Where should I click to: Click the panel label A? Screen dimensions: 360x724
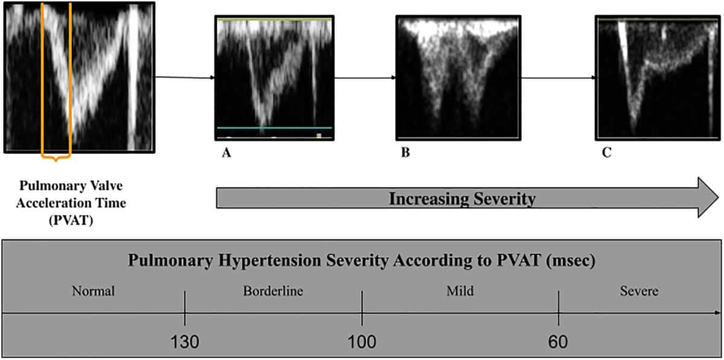click(x=226, y=153)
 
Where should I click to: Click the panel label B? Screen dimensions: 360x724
click(x=405, y=153)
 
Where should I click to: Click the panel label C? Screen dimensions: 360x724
click(x=606, y=153)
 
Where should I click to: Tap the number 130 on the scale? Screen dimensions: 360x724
click(x=185, y=343)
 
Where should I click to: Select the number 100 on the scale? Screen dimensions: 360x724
click(x=362, y=343)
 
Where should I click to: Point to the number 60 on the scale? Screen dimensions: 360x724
click(x=558, y=343)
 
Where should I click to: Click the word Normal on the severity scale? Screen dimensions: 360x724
click(x=93, y=291)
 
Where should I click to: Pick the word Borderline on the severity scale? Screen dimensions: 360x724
click(x=273, y=291)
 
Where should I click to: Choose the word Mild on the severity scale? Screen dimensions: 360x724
click(x=460, y=291)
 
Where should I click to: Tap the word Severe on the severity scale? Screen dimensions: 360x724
click(x=639, y=291)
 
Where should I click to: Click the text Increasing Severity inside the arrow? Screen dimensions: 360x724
click(x=462, y=198)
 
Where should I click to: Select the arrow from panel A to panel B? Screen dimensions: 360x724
click(x=364, y=78)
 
